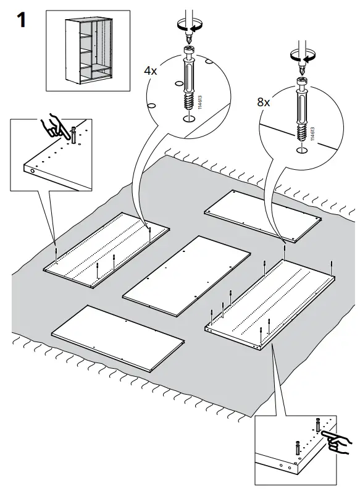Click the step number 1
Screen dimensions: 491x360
click(x=20, y=20)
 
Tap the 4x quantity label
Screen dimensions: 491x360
click(x=150, y=71)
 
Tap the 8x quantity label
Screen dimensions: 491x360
click(x=264, y=102)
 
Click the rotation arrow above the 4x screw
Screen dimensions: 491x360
click(x=188, y=27)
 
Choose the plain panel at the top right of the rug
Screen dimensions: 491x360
click(x=264, y=214)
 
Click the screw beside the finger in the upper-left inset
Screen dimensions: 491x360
click(x=74, y=136)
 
